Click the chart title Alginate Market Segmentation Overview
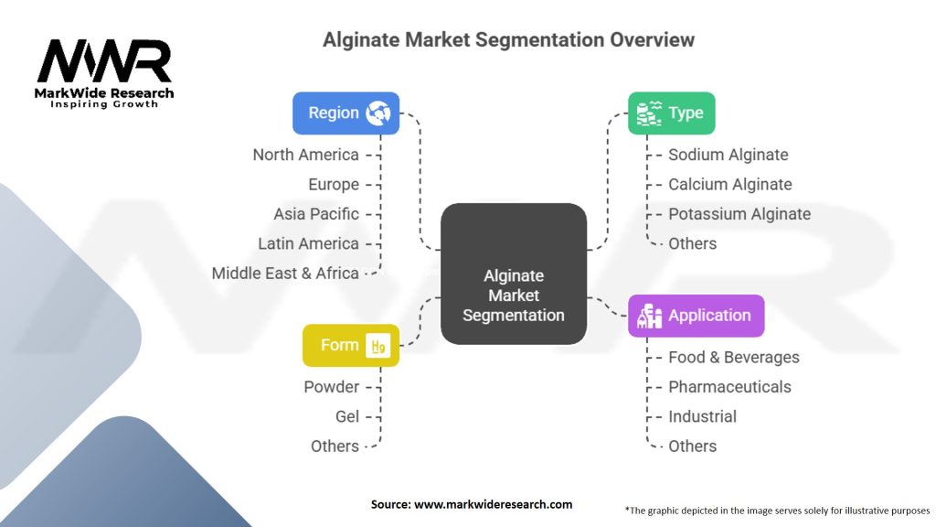(x=508, y=40)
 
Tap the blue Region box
(x=346, y=113)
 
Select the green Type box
(x=671, y=113)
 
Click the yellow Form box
(x=351, y=345)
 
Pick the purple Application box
(x=696, y=316)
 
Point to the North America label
(x=305, y=155)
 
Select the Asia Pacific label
(x=316, y=214)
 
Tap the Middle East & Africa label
(x=285, y=273)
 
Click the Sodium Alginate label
(x=728, y=155)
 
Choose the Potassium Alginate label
(x=739, y=214)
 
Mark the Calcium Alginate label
(x=729, y=184)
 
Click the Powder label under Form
(x=331, y=387)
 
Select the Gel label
(x=346, y=416)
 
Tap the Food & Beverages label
(x=733, y=357)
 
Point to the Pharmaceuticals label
(x=729, y=387)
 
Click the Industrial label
(x=702, y=416)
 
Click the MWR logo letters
(x=103, y=62)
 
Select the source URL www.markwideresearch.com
(x=495, y=504)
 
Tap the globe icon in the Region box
(x=378, y=113)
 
